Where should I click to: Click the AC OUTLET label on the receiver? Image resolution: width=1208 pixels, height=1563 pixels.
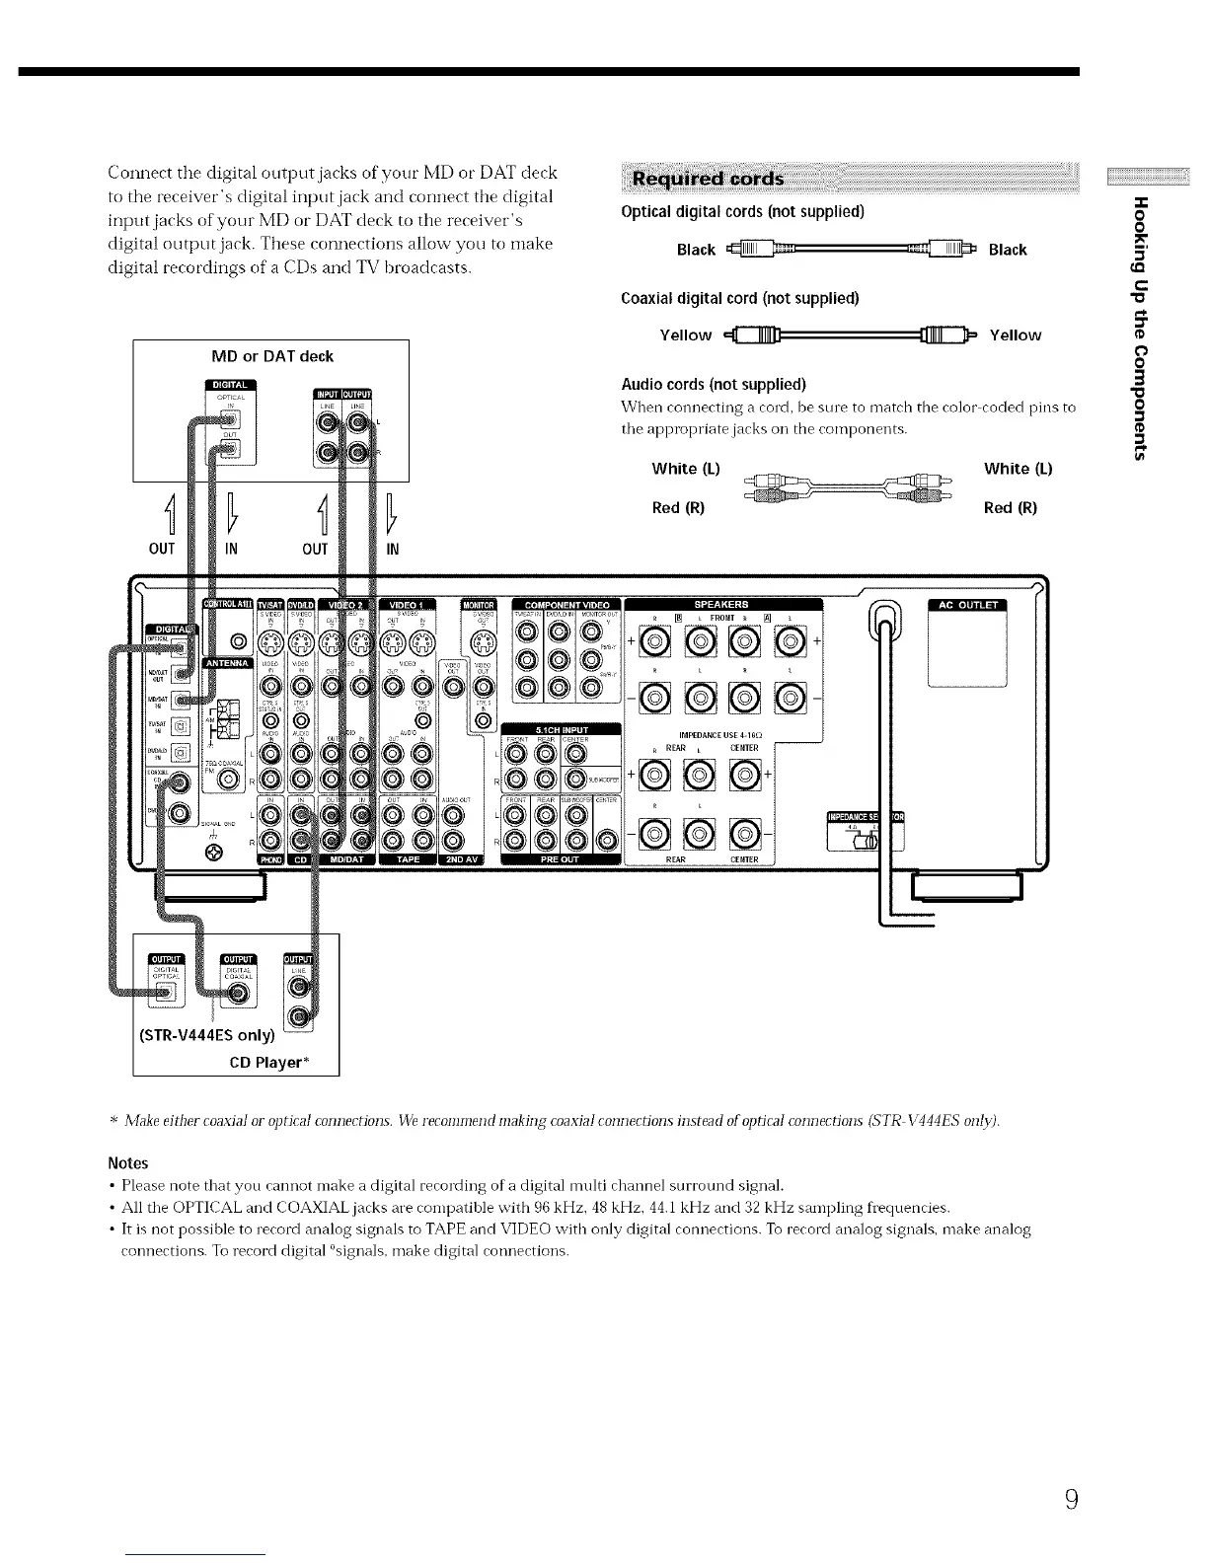[x=966, y=606]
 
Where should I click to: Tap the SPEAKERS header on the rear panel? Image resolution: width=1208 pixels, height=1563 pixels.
[x=720, y=604]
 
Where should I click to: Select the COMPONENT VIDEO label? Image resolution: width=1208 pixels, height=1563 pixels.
[x=567, y=605]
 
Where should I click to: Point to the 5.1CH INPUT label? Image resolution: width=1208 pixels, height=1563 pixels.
[x=561, y=731]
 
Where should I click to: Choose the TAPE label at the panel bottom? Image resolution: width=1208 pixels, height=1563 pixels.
[x=408, y=859]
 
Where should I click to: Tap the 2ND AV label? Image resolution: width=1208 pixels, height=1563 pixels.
[x=461, y=859]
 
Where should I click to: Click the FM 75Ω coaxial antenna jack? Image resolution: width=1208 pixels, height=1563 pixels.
[x=230, y=780]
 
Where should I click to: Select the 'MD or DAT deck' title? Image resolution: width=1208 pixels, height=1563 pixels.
[x=272, y=356]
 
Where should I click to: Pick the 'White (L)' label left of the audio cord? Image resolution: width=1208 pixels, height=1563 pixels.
[x=686, y=469]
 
